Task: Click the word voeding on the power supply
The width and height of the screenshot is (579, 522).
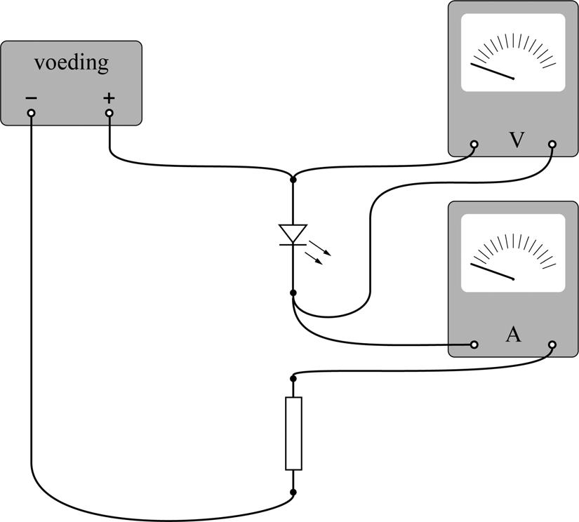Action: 72,64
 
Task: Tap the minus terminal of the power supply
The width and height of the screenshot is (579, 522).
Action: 31,112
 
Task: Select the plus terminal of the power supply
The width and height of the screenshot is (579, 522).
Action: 109,112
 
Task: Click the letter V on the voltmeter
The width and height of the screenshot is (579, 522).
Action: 517,140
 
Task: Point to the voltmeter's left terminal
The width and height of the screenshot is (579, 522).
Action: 474,145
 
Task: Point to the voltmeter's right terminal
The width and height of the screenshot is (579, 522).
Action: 552,145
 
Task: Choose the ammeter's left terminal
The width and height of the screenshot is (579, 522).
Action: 474,344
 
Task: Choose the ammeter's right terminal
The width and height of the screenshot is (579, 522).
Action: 552,344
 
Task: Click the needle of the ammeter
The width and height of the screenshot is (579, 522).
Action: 493,272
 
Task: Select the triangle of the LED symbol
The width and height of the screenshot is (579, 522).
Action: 293,233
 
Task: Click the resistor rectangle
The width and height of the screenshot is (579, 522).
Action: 293,433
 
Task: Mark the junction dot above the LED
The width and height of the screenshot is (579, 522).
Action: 293,180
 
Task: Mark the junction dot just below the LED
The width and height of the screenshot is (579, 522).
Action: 293,292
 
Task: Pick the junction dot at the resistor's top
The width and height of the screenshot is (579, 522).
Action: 293,378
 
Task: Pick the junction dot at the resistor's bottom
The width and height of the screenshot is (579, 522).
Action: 293,493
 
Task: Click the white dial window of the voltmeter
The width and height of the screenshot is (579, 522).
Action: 513,53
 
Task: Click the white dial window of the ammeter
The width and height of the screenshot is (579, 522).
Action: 513,253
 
